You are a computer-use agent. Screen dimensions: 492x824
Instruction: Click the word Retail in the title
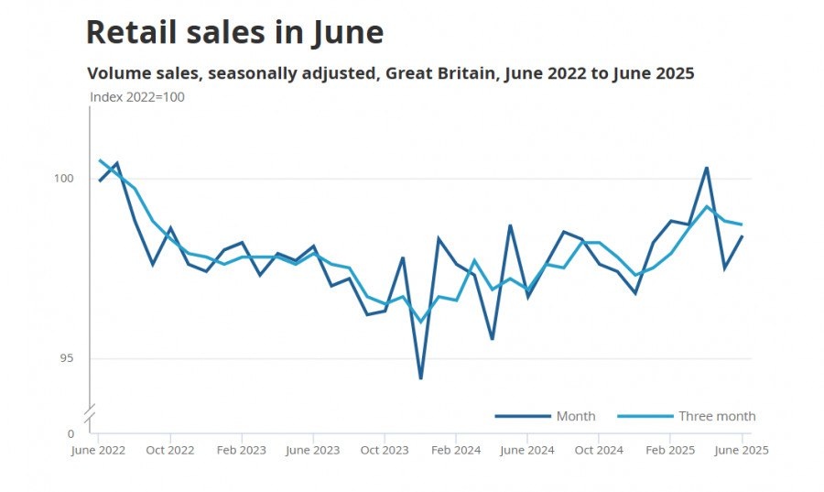click(125, 32)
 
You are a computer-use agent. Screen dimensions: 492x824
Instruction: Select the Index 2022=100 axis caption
click(137, 97)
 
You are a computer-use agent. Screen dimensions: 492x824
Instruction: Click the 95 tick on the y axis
click(67, 358)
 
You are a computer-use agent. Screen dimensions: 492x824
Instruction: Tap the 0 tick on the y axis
click(70, 433)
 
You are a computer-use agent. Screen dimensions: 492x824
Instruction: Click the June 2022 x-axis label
click(98, 450)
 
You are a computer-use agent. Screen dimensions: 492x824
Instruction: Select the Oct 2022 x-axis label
click(169, 450)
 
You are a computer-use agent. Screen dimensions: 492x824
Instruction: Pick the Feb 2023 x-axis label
click(241, 450)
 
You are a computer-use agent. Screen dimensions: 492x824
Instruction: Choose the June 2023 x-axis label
click(313, 450)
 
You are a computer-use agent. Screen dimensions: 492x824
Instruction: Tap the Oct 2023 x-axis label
click(385, 450)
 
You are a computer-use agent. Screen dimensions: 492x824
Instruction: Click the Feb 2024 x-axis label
click(456, 450)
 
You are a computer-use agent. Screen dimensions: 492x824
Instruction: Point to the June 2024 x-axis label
click(527, 450)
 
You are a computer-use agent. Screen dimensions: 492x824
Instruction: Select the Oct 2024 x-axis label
click(599, 450)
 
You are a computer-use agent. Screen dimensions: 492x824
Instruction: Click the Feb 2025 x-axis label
click(670, 450)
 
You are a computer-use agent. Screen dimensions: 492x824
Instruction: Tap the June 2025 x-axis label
click(741, 450)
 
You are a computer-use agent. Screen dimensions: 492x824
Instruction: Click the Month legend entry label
click(576, 416)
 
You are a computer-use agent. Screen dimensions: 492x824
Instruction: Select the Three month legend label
click(717, 416)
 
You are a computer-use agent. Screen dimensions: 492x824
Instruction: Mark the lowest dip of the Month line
click(420, 378)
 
